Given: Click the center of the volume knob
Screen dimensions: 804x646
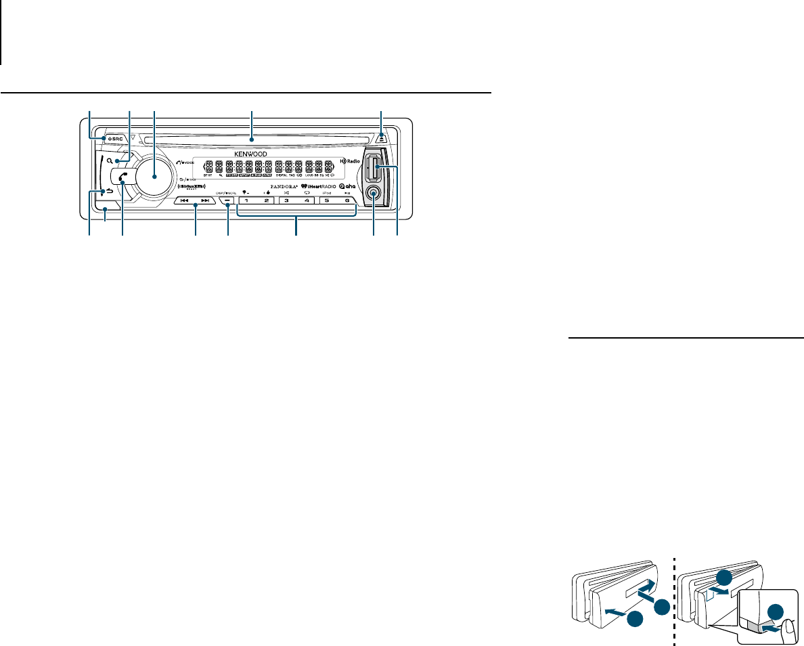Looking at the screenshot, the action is point(154,175).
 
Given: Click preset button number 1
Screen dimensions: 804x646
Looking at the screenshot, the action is point(247,201).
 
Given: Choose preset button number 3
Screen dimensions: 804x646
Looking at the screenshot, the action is point(287,201).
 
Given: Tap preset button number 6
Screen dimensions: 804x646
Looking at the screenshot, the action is point(347,201).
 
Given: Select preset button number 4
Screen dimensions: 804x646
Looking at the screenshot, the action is point(307,201).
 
